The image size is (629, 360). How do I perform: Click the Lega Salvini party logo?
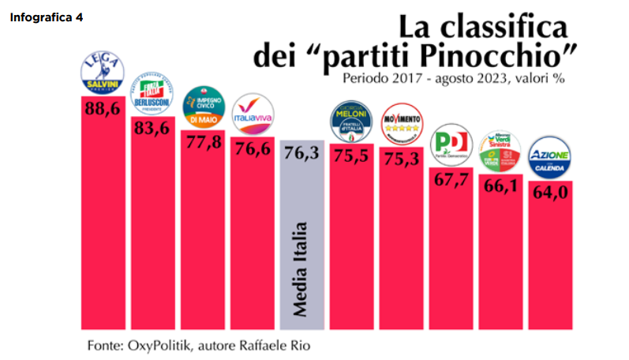click(x=104, y=74)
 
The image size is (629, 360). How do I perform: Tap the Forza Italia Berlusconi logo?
click(x=154, y=95)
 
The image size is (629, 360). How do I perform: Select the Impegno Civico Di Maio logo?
click(x=204, y=109)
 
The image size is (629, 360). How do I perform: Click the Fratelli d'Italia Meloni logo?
click(x=350, y=122)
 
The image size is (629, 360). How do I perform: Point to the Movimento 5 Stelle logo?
click(x=401, y=124)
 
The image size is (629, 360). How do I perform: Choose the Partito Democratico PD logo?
click(x=451, y=145)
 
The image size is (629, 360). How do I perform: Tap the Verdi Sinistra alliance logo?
click(x=500, y=150)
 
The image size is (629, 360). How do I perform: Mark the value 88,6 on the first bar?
click(x=103, y=109)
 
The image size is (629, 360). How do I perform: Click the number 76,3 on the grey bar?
click(x=301, y=153)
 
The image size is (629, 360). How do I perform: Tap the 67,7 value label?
click(x=451, y=179)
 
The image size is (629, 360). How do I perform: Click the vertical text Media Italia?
click(x=301, y=269)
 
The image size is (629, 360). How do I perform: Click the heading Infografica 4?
click(x=46, y=17)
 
